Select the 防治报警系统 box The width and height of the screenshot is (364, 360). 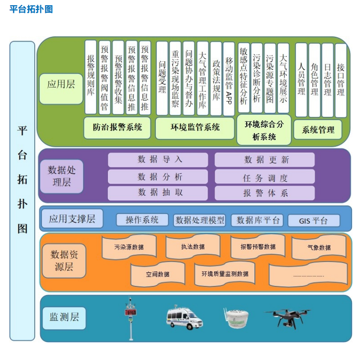pos(117,128)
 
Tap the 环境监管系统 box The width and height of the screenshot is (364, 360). pos(195,128)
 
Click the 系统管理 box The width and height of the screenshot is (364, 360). pos(318,130)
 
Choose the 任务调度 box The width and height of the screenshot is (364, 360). pos(265,177)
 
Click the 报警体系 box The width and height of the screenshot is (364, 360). pos(265,193)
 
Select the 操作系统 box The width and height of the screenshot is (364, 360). pos(142,220)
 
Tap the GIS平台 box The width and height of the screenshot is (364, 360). pos(313,220)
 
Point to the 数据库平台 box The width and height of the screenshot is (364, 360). pos(257,220)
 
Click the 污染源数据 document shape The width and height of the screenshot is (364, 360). pos(128,247)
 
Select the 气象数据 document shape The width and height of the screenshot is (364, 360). pos(319,247)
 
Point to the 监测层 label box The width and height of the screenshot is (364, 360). pos(64,318)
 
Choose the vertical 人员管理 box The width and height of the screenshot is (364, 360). pos(301,80)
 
